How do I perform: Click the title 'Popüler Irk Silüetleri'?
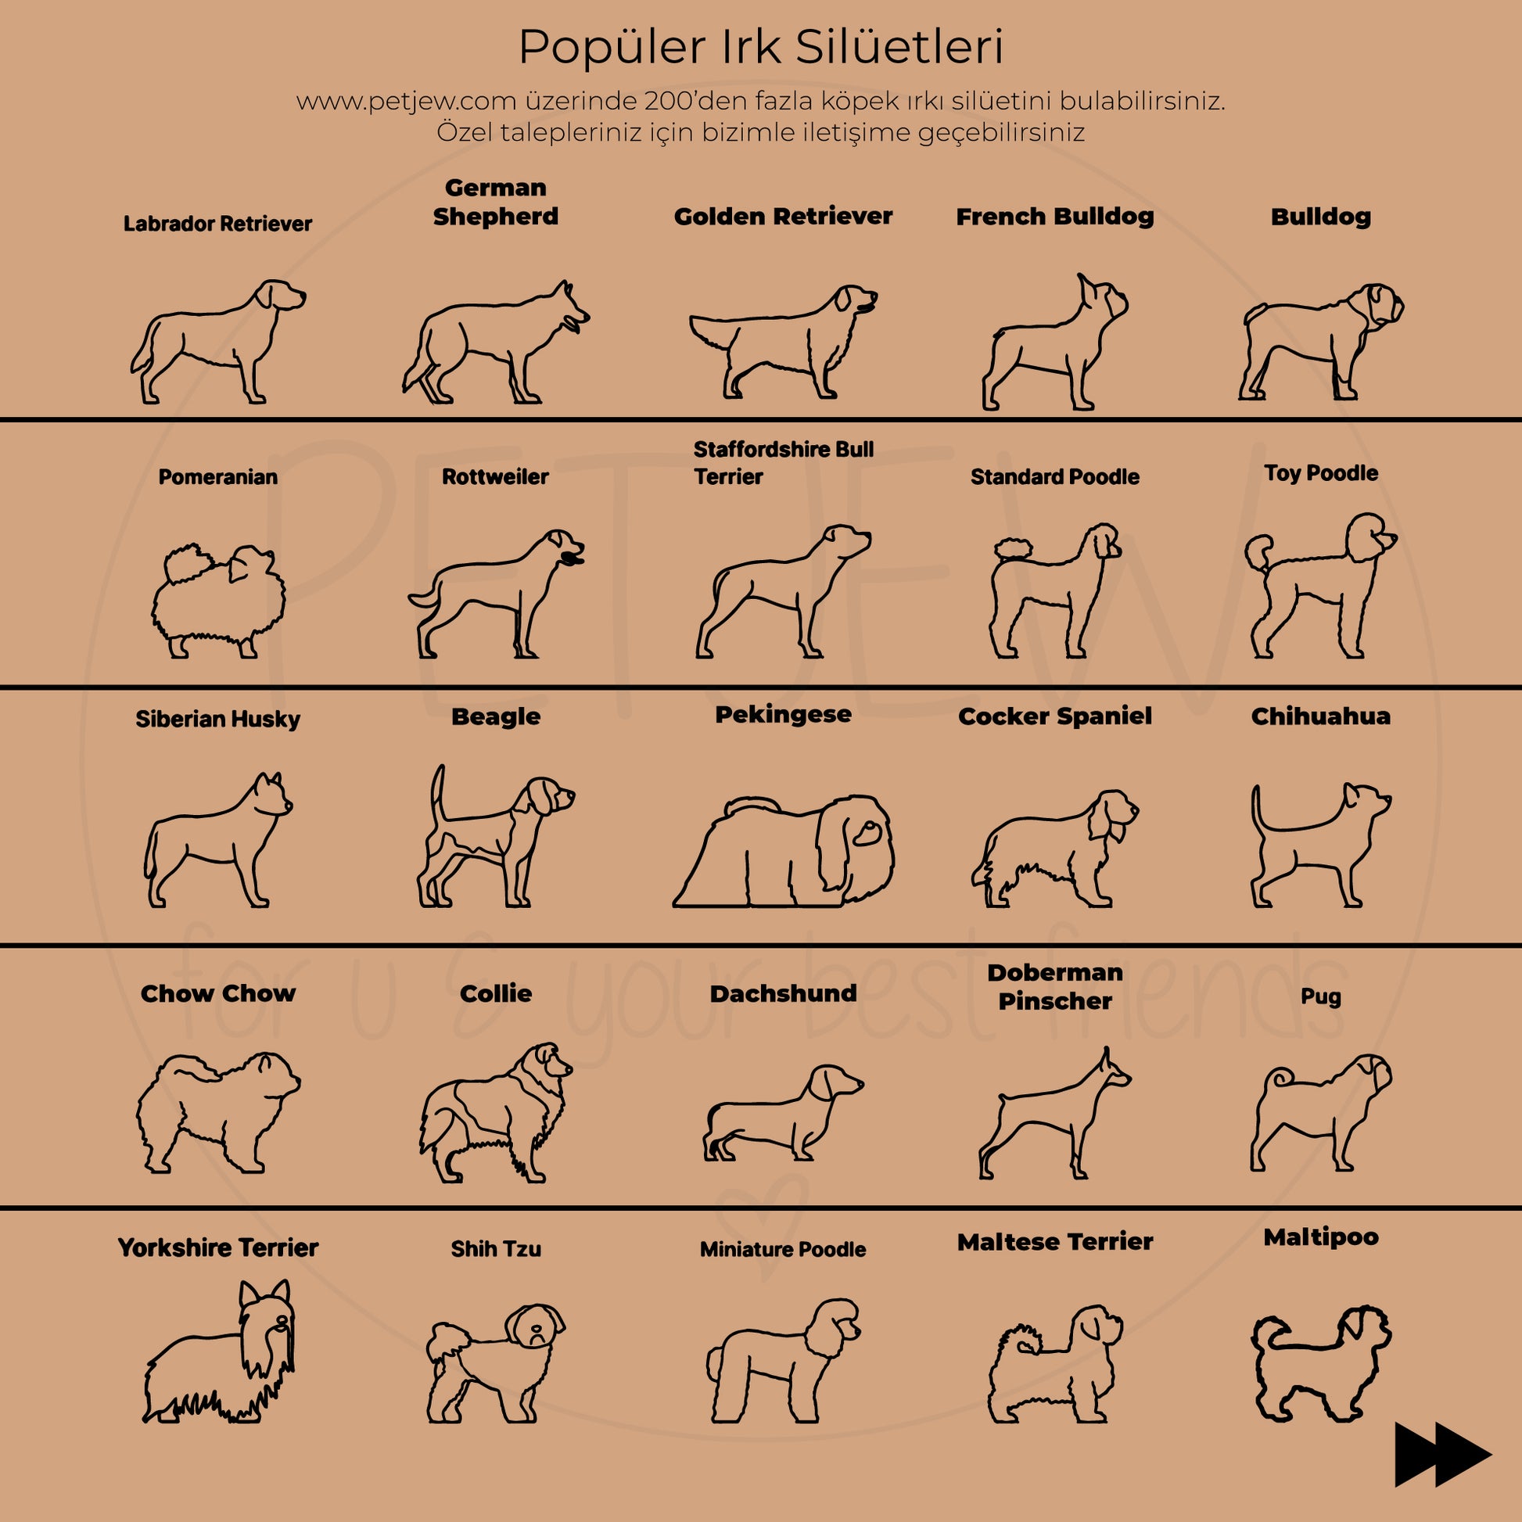click(761, 47)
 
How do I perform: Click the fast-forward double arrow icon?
click(1442, 1453)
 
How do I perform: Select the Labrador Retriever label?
click(217, 224)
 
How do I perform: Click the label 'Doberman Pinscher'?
click(1055, 986)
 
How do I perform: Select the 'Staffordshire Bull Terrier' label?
click(782, 463)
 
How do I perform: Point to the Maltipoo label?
click(1320, 1237)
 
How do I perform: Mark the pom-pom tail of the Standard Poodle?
click(1012, 547)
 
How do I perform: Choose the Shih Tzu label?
click(496, 1248)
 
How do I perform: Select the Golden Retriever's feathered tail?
click(713, 331)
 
